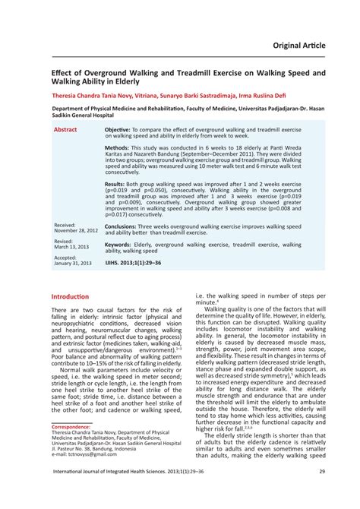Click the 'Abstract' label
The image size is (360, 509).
[x=65, y=130]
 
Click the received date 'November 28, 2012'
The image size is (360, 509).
[x=76, y=229]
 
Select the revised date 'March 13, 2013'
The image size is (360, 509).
[x=71, y=246]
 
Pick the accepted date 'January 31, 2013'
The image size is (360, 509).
[x=73, y=264]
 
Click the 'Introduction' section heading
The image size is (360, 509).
[x=70, y=296]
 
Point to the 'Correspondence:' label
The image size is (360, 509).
[x=71, y=427]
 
